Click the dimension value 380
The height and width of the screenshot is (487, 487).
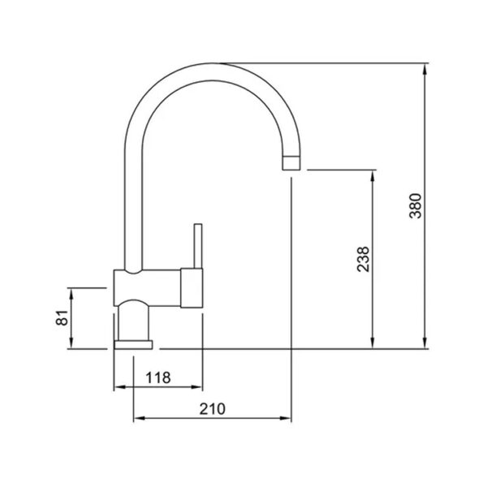point(416,206)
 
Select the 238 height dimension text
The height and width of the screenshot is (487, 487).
point(363,260)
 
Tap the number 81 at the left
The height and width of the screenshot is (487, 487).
point(62,317)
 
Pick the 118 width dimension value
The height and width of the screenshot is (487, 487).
point(158,377)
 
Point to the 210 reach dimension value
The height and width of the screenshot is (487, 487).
point(213,409)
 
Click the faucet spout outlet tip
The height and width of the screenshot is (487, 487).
point(291,170)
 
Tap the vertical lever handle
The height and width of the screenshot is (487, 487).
point(198,246)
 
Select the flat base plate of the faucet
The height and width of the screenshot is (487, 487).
point(133,345)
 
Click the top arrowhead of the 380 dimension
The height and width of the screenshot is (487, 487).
point(425,68)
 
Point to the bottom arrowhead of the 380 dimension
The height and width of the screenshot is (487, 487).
point(425,343)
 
